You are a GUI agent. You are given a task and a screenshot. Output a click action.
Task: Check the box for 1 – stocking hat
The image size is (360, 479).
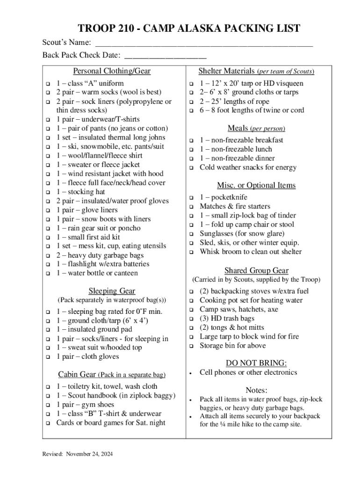tap(47, 192)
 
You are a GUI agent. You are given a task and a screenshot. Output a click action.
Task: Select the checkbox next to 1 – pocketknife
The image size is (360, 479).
tap(191, 198)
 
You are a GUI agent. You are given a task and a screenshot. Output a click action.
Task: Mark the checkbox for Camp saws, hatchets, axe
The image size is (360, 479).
tap(191, 310)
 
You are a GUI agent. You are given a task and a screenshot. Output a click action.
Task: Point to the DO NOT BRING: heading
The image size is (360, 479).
tap(256, 363)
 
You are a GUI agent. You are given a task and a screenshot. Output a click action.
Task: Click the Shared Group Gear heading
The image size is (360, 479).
tap(256, 270)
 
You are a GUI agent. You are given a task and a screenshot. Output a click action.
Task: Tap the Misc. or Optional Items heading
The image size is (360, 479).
tap(256, 185)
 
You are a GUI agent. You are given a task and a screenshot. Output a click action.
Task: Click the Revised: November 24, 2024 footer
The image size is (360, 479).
tap(77, 454)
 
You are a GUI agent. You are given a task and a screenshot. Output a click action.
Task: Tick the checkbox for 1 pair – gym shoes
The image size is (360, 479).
tap(47, 405)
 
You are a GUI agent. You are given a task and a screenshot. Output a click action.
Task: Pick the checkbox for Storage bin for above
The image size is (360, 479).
tap(191, 346)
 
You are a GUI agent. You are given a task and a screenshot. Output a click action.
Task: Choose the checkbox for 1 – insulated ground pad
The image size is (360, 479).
tap(47, 330)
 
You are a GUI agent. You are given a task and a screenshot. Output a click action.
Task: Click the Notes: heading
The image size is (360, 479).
tap(256, 390)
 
